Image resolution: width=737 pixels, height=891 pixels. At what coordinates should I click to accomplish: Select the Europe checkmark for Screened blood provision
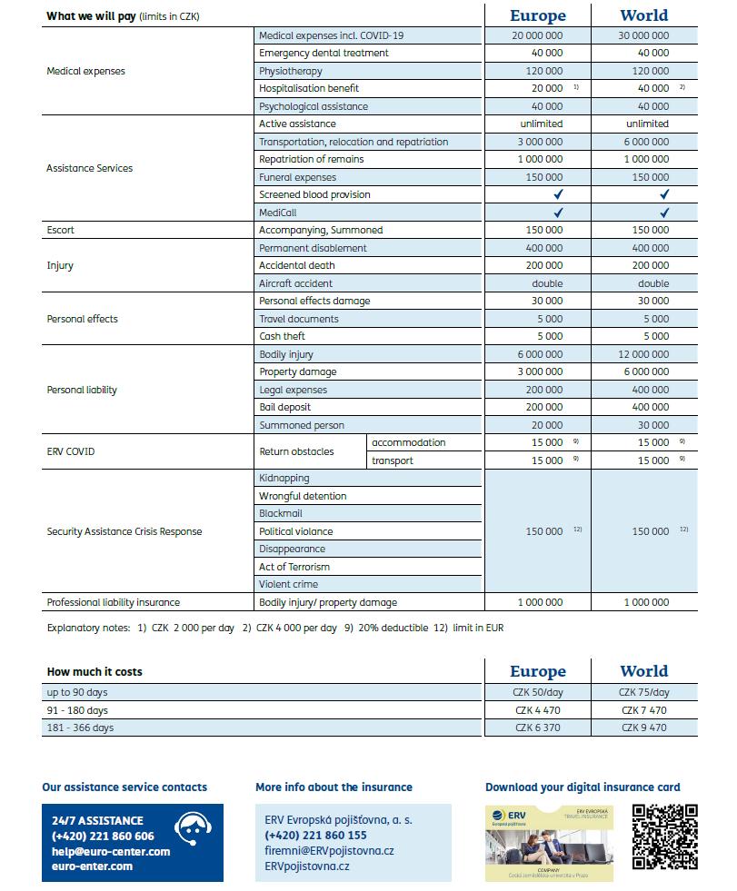[x=558, y=194]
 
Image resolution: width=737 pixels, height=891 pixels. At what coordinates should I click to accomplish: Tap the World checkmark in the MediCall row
[x=665, y=213]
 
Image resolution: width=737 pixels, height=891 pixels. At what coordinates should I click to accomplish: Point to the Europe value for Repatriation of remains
[x=543, y=159]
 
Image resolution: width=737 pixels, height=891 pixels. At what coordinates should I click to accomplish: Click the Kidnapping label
[x=284, y=478]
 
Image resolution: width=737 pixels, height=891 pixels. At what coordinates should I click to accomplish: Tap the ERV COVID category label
[x=71, y=451]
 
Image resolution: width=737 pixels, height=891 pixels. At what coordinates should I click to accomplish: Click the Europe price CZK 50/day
[x=537, y=692]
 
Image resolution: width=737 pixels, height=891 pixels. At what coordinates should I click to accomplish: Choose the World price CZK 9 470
[x=643, y=728]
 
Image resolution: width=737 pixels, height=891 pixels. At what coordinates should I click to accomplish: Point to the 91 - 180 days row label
[x=77, y=710]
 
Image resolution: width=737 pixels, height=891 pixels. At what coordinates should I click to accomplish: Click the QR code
[x=664, y=837]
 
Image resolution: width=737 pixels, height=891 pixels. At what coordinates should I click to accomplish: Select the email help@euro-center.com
[x=111, y=851]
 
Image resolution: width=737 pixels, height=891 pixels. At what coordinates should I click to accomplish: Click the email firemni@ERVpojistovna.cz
[x=329, y=851]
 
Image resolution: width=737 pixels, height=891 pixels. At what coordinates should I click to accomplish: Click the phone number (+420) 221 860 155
[x=316, y=835]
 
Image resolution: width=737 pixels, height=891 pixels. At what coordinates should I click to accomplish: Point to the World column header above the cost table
[x=643, y=671]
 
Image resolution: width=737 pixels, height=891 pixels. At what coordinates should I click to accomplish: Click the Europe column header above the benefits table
[x=537, y=15]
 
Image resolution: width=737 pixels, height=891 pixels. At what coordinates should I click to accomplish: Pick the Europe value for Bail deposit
[x=543, y=407]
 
